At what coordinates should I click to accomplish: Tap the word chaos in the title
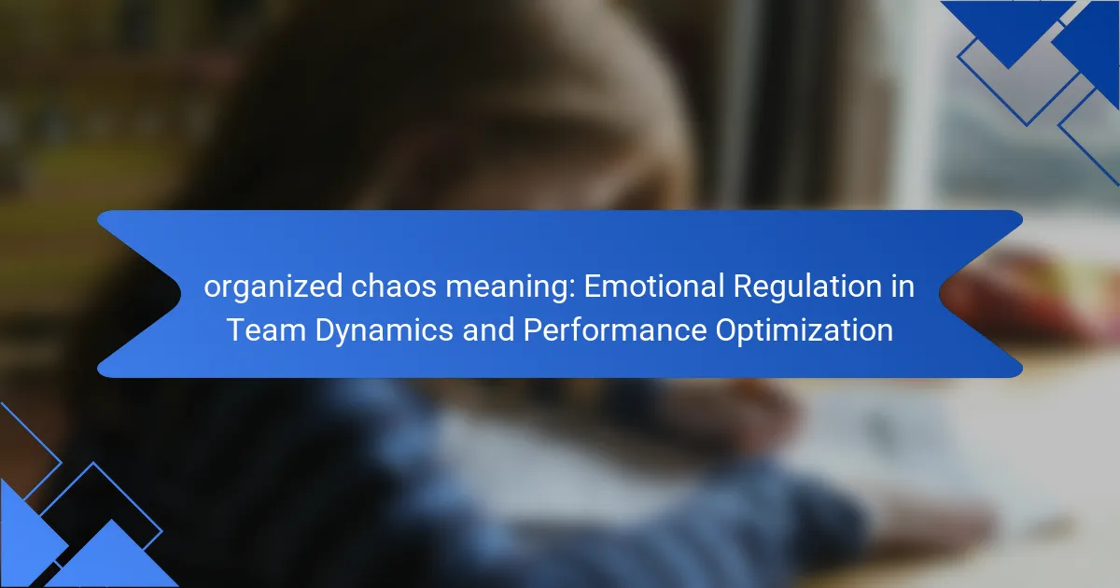pos(394,287)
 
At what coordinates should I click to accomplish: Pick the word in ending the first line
pos(903,287)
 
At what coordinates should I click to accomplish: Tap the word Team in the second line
pos(266,330)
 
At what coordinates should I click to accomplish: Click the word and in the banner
pos(488,330)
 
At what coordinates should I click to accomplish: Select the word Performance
pos(615,330)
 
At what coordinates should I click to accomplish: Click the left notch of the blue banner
pos(180,294)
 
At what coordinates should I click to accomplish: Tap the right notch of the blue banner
pos(940,294)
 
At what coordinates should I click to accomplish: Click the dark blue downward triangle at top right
pos(1008,24)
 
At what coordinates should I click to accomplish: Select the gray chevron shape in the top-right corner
pos(1026,80)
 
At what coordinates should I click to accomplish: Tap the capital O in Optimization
pos(727,330)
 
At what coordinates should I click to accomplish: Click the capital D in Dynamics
pos(326,330)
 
